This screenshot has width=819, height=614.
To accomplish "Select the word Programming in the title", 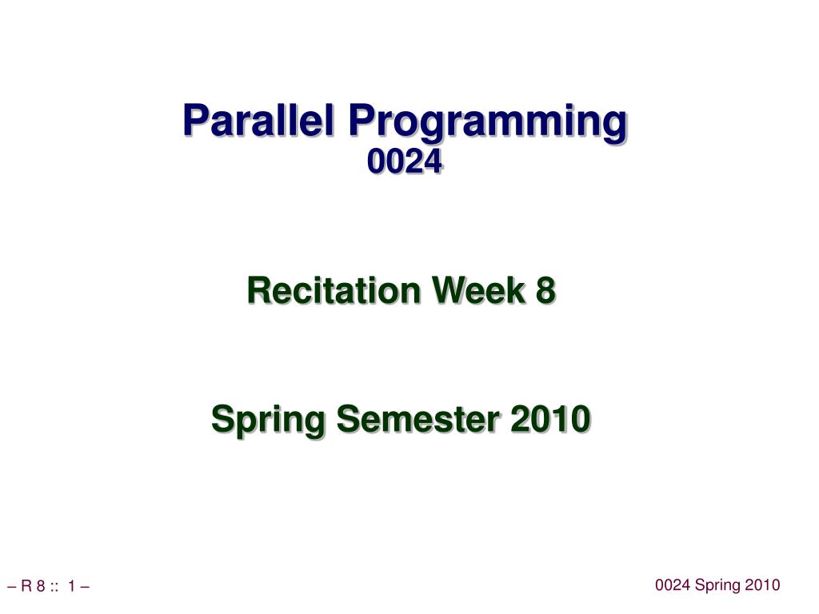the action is pos(487,124).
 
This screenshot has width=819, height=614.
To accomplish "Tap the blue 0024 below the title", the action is pos(404,161).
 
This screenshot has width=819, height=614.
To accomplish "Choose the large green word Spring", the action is pos(269,420).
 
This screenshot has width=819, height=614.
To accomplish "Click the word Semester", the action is pos(417,419).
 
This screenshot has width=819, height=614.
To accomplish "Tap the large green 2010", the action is pos(550,419).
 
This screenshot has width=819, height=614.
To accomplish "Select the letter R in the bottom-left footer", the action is pos(26,586).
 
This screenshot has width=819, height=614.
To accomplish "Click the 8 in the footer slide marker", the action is pos(41,586).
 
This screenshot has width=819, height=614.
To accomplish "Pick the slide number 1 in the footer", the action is pos(71,586).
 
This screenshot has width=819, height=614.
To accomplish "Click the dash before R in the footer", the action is pos(12,587).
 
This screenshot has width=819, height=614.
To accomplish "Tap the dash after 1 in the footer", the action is pos(85,587).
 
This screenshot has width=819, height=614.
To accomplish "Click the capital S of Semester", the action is pos(349,419).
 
